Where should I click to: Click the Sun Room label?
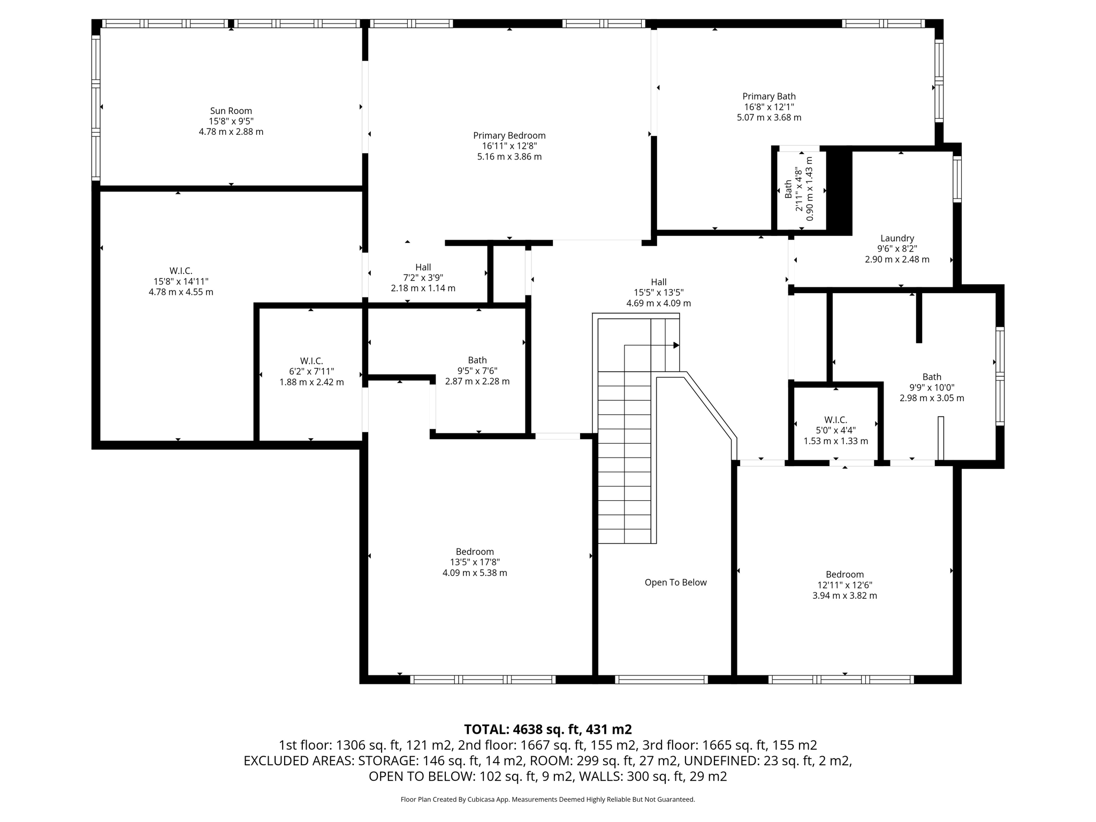[231, 111]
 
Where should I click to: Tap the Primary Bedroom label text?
[509, 135]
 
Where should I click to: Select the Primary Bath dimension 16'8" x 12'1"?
[768, 107]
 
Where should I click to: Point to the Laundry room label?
[897, 238]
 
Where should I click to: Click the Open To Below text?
[675, 582]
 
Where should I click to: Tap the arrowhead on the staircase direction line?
[676, 345]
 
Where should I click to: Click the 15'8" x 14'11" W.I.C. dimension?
[181, 281]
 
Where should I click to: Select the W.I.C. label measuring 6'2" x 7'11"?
[311, 361]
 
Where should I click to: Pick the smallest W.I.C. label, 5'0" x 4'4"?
[835, 420]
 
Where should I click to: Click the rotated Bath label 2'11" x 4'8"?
[788, 189]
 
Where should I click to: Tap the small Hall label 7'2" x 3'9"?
[423, 267]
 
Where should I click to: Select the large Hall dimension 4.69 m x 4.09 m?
[658, 303]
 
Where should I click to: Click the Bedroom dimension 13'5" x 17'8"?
[475, 562]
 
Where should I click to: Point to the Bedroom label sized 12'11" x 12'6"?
[844, 574]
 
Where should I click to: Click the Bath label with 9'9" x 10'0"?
[932, 377]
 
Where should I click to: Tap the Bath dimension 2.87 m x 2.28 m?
[477, 382]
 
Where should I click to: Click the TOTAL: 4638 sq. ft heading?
[547, 729]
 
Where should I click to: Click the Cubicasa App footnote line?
[547, 800]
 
